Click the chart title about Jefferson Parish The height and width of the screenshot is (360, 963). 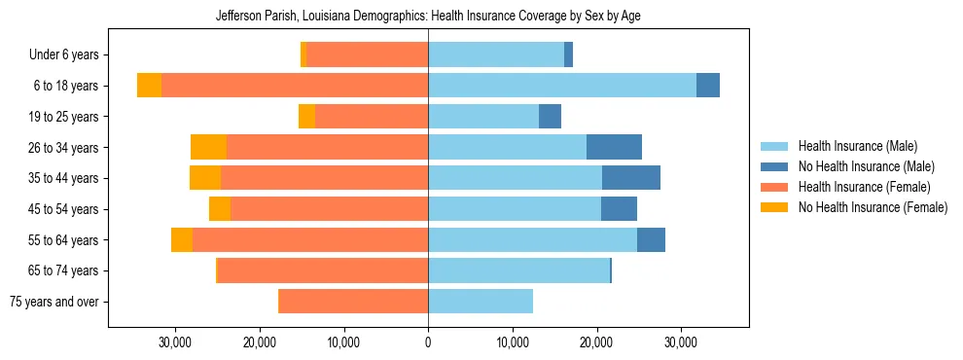coord(427,17)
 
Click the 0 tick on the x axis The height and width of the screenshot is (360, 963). coord(428,342)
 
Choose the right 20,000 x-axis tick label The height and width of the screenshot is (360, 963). coord(596,342)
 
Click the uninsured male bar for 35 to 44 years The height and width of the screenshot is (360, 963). coord(631,178)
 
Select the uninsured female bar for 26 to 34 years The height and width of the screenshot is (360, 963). coord(208,147)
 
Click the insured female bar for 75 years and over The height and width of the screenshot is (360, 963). coord(353,302)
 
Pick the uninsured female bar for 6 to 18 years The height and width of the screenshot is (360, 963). coord(149,86)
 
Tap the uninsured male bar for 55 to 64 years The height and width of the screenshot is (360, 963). coord(651,239)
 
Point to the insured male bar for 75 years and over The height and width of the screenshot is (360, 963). coord(481,302)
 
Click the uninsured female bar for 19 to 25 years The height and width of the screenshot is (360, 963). coord(306,117)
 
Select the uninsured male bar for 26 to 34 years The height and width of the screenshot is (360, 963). coord(614,147)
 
